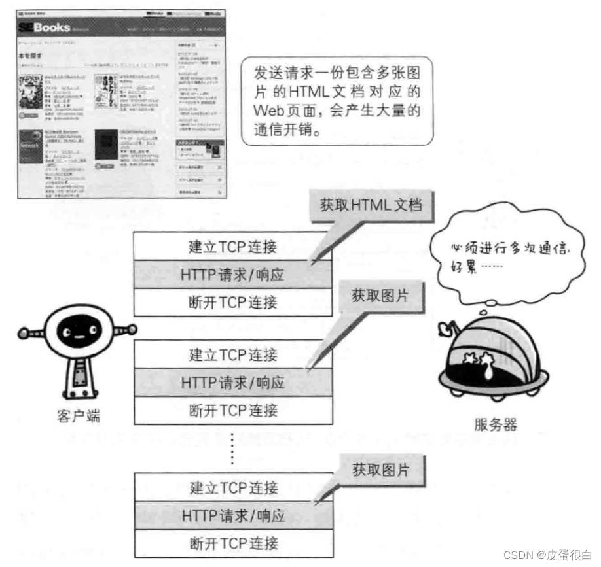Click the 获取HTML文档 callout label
coord(371,205)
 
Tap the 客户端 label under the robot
coord(78,416)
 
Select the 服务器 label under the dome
coord(495,424)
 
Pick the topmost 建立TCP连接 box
coord(232,247)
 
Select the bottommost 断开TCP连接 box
coord(232,543)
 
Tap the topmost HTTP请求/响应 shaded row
coord(232,275)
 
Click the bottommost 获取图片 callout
coord(379,470)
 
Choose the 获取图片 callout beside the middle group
coord(379,296)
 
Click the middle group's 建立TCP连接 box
coord(232,355)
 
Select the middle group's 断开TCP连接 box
coord(232,411)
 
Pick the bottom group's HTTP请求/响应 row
coord(232,515)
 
